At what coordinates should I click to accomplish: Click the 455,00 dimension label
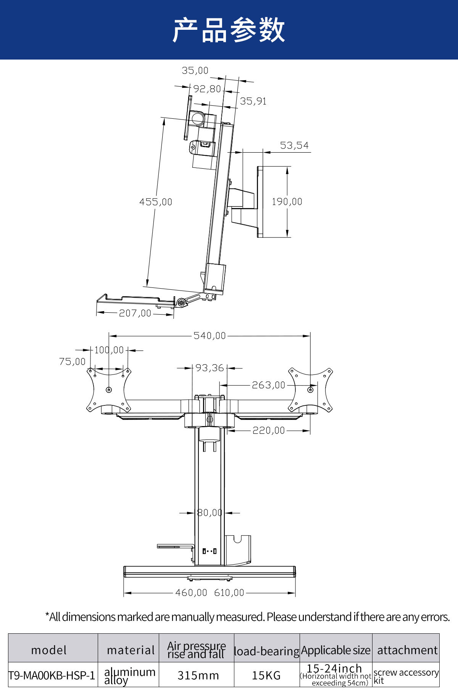[x=156, y=202]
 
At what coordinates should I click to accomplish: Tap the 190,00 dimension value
[x=287, y=202]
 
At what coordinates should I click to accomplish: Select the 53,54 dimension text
[x=294, y=145]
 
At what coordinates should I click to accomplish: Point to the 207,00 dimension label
[x=135, y=313]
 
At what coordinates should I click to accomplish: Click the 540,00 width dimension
[x=210, y=336]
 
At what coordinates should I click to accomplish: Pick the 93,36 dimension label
[x=210, y=368]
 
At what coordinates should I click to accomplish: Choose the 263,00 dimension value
[x=268, y=385]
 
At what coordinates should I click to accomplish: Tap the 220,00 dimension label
[x=269, y=431]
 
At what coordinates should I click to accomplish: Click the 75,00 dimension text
[x=73, y=362]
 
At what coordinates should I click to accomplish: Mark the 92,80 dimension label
[x=207, y=89]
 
